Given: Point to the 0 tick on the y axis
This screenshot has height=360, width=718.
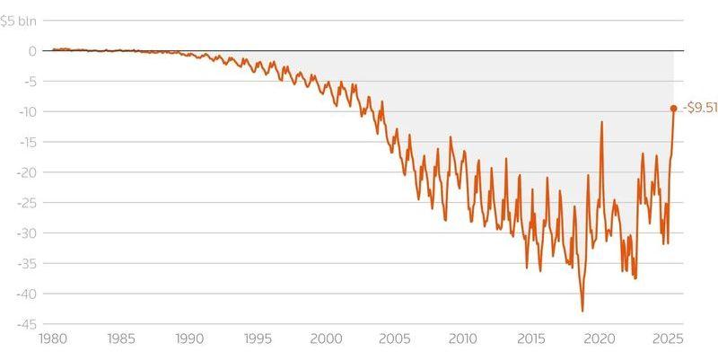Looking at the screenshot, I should pos(31,51).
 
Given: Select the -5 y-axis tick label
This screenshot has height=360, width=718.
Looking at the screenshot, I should pos(31,82).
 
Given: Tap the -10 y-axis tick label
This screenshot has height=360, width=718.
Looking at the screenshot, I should pos(28,112).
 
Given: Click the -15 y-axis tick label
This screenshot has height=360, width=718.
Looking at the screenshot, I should pos(28,142).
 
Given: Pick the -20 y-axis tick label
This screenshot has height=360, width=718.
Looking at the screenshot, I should pos(27,172).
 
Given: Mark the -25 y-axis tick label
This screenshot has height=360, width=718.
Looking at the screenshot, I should pos(27,203).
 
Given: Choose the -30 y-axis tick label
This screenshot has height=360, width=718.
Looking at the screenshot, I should pos(27,233).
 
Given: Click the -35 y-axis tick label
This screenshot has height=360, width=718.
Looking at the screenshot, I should pos(27,263).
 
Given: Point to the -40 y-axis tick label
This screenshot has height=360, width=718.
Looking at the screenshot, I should pos(27,294).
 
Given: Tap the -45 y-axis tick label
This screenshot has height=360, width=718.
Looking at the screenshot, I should pos(27,324).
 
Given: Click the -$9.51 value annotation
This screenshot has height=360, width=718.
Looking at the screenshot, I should pos(700,109).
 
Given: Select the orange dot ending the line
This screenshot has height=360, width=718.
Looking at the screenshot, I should pos(673,109).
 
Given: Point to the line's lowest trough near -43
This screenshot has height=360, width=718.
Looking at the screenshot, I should pos(582,311).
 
